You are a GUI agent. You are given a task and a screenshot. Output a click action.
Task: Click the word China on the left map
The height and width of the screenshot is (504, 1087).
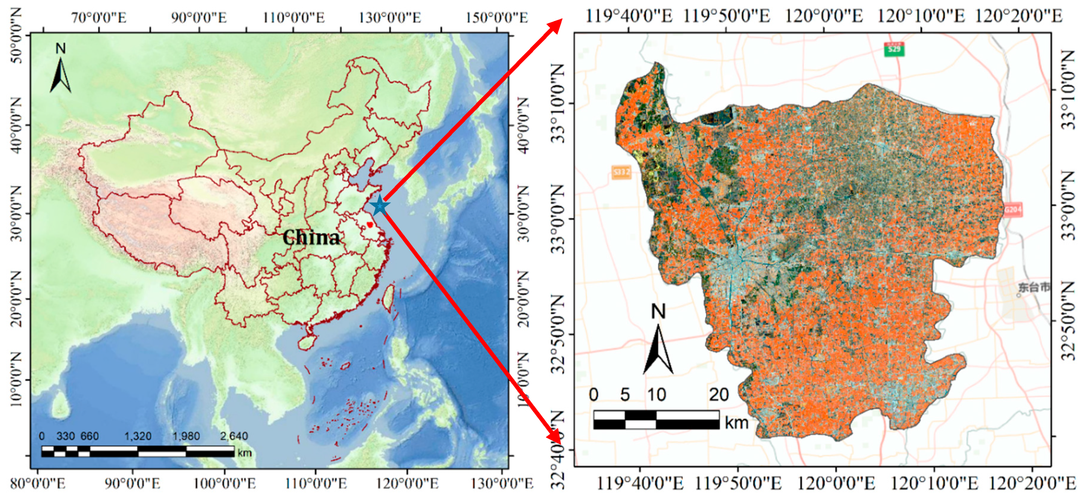(x=311, y=238)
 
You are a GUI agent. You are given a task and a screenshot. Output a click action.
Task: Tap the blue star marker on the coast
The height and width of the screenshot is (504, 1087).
(x=379, y=206)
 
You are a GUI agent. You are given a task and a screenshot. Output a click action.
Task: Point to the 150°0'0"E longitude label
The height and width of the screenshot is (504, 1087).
(x=497, y=18)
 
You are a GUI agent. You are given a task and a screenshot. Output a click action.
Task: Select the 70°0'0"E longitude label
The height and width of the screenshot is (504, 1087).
(x=99, y=18)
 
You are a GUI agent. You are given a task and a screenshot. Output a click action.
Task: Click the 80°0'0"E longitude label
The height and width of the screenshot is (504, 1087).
(x=38, y=483)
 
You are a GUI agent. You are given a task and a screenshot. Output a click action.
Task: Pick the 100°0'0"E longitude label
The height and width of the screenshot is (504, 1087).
(x=224, y=483)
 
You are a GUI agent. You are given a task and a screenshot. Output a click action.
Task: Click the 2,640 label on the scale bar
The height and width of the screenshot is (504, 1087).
(x=234, y=436)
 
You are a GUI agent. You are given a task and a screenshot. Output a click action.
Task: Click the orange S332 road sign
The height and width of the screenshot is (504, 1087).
(x=621, y=172)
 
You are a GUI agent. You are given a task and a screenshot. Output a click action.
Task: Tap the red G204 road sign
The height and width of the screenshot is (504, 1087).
(x=1013, y=210)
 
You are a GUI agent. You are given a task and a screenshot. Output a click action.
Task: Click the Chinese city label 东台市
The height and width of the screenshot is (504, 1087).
(x=1034, y=288)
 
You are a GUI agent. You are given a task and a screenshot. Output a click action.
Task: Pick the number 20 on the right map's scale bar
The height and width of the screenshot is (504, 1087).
(x=718, y=395)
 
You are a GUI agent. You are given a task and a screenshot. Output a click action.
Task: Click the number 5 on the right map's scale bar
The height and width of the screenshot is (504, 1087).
(x=625, y=395)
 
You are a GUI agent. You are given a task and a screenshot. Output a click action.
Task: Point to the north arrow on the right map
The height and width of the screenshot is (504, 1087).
(x=658, y=342)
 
